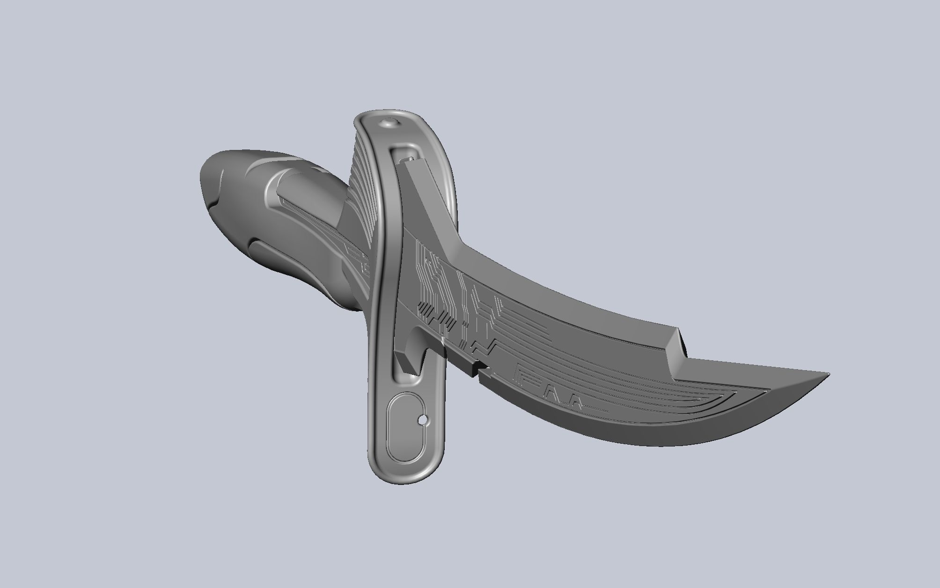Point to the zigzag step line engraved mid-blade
click(482, 347)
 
